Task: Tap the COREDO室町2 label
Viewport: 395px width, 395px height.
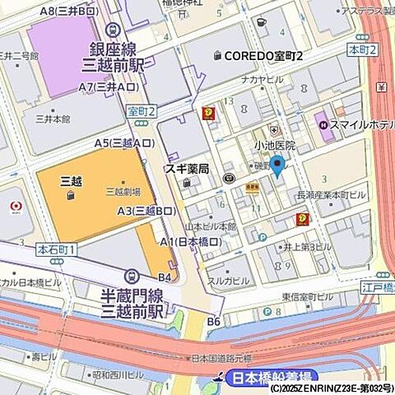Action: pos(257,54)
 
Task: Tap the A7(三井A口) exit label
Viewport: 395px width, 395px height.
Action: pos(108,86)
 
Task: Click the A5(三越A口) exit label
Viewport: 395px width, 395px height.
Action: pos(123,143)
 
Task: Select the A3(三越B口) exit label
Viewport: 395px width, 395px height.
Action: pos(146,211)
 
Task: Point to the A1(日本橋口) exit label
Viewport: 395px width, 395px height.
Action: pos(191,241)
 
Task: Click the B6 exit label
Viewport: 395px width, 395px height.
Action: pos(214,321)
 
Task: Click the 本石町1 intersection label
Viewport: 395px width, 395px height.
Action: pos(56,248)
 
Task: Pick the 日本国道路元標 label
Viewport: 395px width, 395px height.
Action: pos(221,359)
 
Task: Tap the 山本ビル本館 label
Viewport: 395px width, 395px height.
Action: pos(211,225)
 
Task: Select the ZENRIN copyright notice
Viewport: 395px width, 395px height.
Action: pos(331,388)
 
